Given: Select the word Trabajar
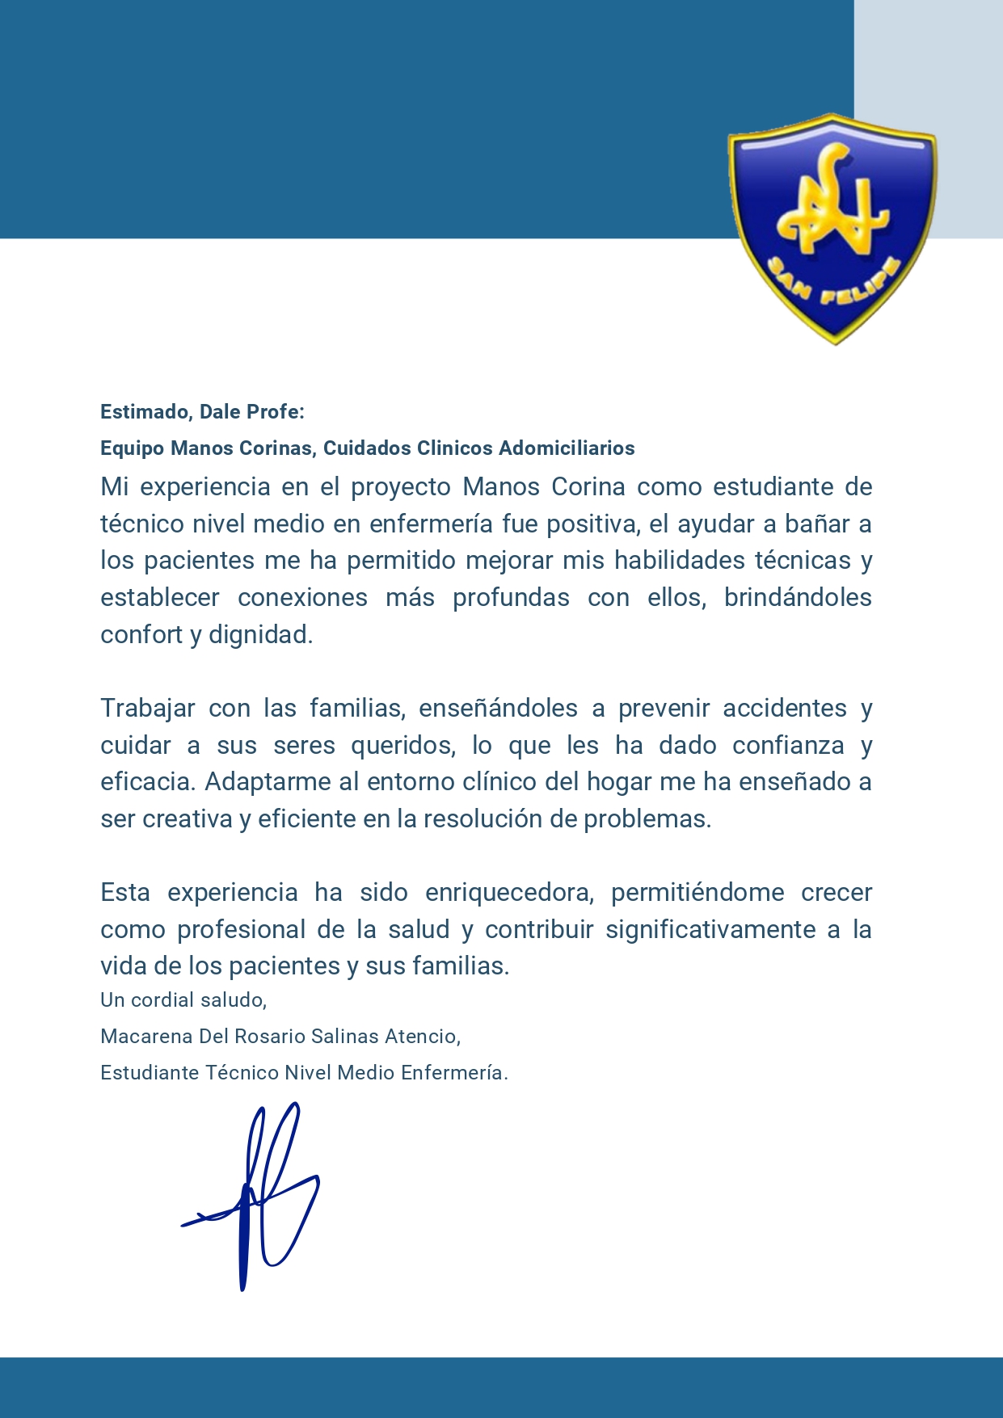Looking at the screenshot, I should point(147,709).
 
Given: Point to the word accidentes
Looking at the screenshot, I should point(784,709).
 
